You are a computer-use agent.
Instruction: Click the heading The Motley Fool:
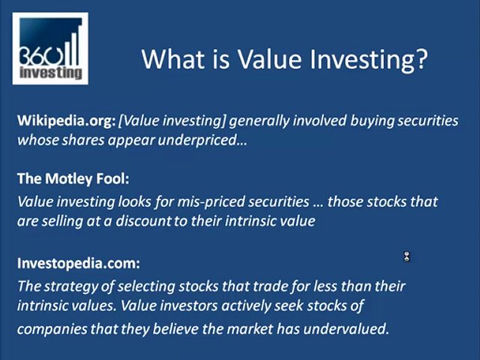[x=73, y=179]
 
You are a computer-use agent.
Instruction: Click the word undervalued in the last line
[x=352, y=328]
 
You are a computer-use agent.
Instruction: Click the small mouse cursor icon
[x=406, y=257]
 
